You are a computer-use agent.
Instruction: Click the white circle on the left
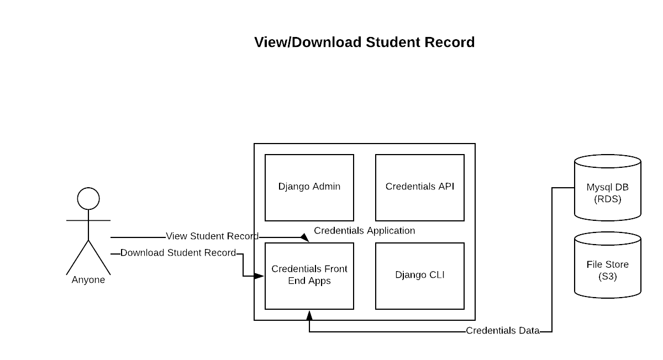(x=88, y=199)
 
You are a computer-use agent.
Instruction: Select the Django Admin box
(x=309, y=188)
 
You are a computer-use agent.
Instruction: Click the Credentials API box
(x=420, y=188)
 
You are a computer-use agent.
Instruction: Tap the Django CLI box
(x=420, y=276)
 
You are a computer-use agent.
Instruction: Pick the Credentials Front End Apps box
(x=309, y=276)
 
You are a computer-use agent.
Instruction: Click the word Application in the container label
(x=390, y=231)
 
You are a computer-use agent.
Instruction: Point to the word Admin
(x=326, y=187)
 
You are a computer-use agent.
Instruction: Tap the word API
(x=445, y=187)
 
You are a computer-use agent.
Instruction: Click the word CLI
(x=436, y=275)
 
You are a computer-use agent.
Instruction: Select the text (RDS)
(x=608, y=199)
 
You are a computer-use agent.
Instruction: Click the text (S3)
(x=608, y=277)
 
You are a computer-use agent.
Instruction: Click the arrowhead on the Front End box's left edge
(x=259, y=276)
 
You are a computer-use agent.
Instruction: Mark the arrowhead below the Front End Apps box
(x=309, y=315)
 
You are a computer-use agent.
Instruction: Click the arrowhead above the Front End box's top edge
(x=304, y=237)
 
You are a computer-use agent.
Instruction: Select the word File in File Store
(x=594, y=264)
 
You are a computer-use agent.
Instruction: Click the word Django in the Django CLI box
(x=411, y=275)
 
